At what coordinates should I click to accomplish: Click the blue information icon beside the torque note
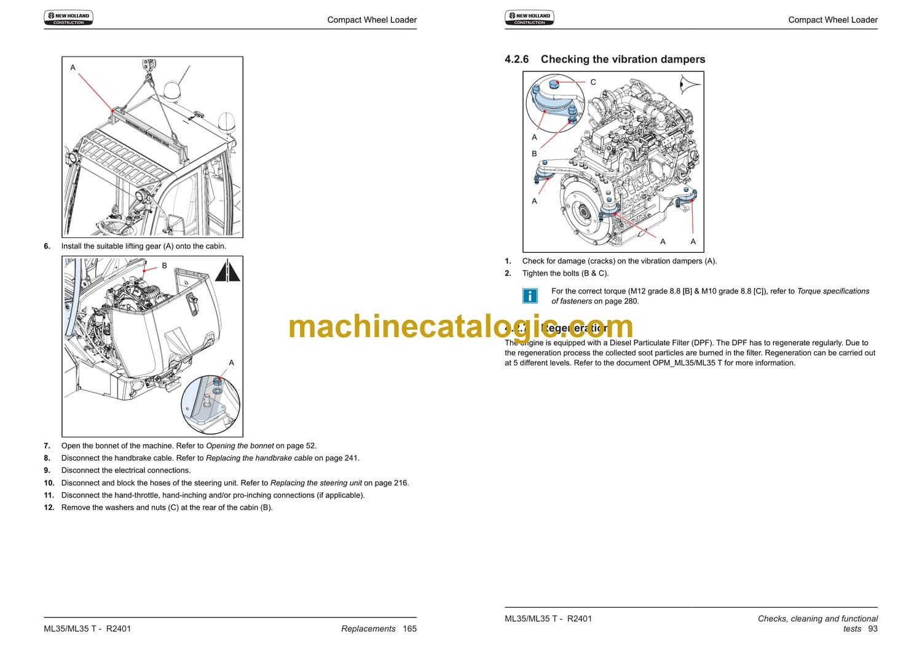pos(529,296)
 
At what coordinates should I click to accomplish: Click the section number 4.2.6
pos(516,59)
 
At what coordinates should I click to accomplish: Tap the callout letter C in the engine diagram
pos(593,82)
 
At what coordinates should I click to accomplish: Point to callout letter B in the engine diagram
pos(534,154)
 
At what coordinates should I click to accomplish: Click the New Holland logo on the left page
pos(68,18)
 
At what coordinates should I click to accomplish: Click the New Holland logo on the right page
pos(529,18)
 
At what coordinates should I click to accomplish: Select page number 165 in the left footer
pos(409,629)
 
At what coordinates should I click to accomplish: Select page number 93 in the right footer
pos(873,629)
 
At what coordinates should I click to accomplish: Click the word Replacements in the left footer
pos(368,629)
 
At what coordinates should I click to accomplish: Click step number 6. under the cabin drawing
pos(47,246)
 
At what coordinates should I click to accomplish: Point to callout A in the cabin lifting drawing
pos(73,68)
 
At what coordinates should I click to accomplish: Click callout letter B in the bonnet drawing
pos(164,266)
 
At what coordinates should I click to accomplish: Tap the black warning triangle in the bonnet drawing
pos(227,271)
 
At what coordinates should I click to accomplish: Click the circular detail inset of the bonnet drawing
pos(210,405)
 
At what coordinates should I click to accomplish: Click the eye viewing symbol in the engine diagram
pos(690,83)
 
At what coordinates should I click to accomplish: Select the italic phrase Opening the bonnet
pos(240,446)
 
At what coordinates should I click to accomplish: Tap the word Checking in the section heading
pos(565,59)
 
